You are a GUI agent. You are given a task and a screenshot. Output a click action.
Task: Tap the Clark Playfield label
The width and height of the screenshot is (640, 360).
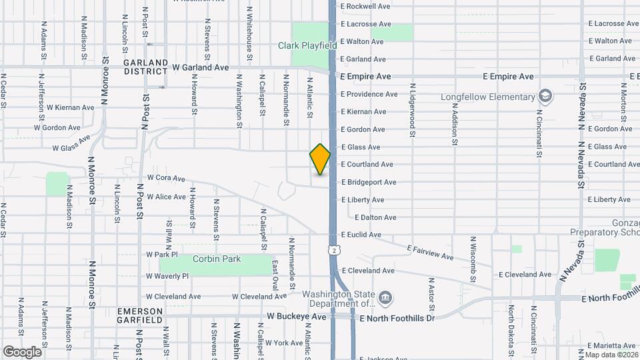(x=307, y=45)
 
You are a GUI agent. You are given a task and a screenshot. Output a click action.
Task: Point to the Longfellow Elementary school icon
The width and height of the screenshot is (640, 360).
(x=546, y=97)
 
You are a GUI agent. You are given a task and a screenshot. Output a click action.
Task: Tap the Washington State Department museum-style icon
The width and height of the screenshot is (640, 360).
(x=385, y=297)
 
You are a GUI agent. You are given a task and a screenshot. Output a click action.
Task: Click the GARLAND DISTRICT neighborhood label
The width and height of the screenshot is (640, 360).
(x=145, y=66)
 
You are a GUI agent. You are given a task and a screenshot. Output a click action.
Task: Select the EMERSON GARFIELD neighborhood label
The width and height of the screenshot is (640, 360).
(x=139, y=315)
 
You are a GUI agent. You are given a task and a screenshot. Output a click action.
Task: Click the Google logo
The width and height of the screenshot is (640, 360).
(x=22, y=351)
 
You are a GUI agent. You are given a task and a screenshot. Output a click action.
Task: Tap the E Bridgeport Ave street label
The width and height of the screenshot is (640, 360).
(x=369, y=182)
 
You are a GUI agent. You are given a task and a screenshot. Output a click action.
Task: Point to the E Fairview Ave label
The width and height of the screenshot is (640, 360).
(x=431, y=252)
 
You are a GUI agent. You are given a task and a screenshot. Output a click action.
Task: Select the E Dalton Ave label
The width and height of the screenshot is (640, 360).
(x=376, y=217)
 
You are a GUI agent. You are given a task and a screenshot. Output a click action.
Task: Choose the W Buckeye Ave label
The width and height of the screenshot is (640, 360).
(x=297, y=317)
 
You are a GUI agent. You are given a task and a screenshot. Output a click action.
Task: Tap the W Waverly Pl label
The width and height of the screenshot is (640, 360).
(x=167, y=275)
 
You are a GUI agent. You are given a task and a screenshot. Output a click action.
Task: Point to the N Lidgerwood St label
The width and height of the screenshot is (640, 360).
(x=413, y=111)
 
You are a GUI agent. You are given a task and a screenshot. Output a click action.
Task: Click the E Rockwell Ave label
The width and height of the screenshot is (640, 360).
(x=365, y=6)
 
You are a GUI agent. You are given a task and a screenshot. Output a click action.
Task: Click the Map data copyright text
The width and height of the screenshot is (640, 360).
(x=612, y=355)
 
